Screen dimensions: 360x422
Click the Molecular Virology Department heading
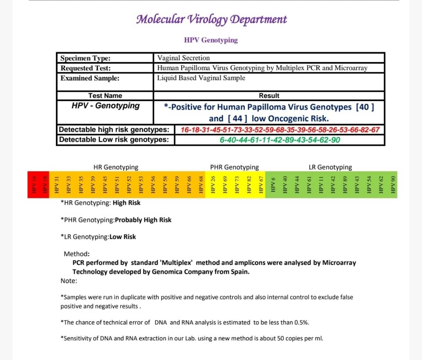click(x=211, y=19)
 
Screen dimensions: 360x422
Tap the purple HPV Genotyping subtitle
click(x=211, y=40)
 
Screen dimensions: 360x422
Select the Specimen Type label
click(x=85, y=58)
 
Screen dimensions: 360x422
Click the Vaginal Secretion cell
click(x=183, y=58)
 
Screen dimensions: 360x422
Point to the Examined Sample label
click(x=90, y=78)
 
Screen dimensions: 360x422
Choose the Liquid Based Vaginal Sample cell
click(x=201, y=78)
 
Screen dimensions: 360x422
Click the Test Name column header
click(x=105, y=96)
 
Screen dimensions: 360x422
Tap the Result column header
click(x=269, y=96)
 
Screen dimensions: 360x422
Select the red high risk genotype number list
click(x=280, y=130)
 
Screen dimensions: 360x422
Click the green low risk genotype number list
click(x=280, y=140)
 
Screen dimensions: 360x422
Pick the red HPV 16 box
click(x=33, y=184)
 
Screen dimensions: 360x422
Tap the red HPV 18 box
click(x=45, y=184)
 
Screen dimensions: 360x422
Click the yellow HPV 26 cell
click(x=213, y=184)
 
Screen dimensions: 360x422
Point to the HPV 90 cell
click(x=392, y=184)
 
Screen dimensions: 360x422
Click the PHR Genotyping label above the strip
click(x=234, y=167)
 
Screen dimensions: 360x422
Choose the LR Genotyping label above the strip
click(x=330, y=167)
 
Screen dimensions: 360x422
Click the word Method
click(x=77, y=254)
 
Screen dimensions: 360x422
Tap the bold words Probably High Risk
click(x=143, y=220)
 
